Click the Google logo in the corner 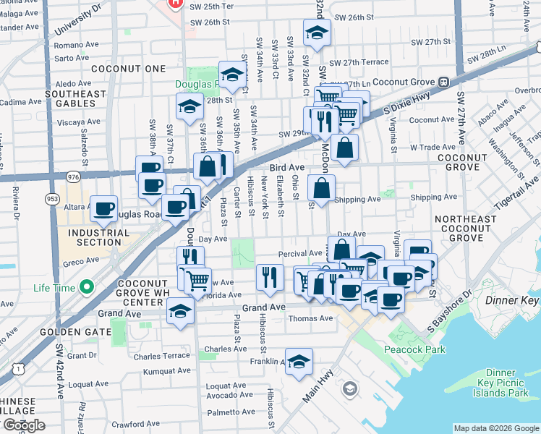[23, 425]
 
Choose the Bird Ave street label [287, 167]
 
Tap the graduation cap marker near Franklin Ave [298, 362]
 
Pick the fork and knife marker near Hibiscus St [269, 278]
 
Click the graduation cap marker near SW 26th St [316, 33]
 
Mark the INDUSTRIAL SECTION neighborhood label [99, 238]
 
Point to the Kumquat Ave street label [166, 370]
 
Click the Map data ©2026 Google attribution [495, 428]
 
